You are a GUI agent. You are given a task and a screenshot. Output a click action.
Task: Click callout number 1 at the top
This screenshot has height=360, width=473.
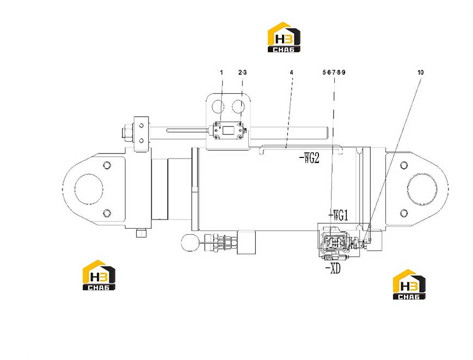tap(222, 72)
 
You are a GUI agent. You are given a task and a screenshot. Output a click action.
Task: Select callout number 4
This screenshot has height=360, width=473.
tap(291, 72)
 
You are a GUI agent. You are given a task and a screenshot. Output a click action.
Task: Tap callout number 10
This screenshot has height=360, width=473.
tap(421, 72)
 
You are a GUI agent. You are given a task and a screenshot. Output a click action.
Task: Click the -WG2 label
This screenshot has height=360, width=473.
tap(309, 158)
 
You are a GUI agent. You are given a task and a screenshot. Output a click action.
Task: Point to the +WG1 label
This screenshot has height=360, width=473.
tap(338, 216)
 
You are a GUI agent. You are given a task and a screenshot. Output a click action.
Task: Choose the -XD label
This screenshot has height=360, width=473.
tap(333, 269)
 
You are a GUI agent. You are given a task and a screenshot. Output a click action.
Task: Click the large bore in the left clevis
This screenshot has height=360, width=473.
tap(89, 189)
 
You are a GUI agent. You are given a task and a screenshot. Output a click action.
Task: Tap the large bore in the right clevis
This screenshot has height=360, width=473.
tap(422, 189)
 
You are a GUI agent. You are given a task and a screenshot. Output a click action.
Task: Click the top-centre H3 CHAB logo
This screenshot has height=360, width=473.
tap(284, 37)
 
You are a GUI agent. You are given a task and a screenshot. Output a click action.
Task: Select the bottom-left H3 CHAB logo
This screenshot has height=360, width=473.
tap(99, 275)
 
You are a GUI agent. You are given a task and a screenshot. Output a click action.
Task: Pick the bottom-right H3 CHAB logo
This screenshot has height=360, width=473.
tap(409, 284)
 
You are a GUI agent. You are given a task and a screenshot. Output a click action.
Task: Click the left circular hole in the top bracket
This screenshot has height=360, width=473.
tap(218, 107)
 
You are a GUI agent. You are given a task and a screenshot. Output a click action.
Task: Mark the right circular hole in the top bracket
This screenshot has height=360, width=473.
tap(238, 107)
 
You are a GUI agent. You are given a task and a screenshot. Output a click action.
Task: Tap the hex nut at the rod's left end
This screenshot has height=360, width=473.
tap(127, 132)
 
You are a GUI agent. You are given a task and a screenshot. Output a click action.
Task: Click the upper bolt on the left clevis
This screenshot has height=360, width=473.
tap(107, 166)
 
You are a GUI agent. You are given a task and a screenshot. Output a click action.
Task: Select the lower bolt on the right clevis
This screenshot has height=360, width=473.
tap(404, 213)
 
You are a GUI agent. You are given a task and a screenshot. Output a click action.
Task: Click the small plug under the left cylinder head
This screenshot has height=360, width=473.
tap(141, 233)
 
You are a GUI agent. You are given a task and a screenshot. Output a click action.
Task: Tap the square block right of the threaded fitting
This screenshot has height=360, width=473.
tap(247, 242)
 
